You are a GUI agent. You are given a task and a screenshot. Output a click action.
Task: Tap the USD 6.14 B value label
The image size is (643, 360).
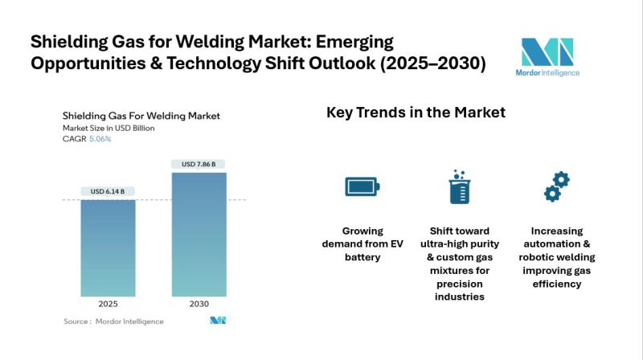(x=108, y=191)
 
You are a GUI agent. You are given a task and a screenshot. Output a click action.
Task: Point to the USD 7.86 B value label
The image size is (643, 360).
(x=199, y=165)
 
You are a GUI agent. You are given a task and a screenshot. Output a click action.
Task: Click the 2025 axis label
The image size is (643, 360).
(x=108, y=305)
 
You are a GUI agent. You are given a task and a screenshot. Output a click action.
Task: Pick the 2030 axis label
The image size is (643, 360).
(x=199, y=305)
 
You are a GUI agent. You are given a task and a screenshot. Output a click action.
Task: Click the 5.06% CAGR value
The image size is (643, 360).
(x=100, y=139)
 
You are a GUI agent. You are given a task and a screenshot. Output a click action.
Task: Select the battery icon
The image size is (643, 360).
(x=362, y=186)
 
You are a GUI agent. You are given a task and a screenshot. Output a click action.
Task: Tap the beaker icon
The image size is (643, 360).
(x=458, y=186)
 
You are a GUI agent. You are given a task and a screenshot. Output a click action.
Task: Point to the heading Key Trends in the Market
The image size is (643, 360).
(x=416, y=112)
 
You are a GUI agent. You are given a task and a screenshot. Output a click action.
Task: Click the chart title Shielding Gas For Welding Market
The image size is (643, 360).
(x=141, y=116)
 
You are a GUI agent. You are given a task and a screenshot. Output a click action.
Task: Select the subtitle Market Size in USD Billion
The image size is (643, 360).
(x=109, y=128)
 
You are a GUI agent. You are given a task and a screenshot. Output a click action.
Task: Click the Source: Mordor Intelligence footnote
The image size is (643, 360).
(x=113, y=321)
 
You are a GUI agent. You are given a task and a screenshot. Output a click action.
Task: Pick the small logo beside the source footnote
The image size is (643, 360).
(x=218, y=321)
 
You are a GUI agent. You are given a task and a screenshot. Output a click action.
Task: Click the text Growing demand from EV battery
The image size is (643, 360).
(x=362, y=243)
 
